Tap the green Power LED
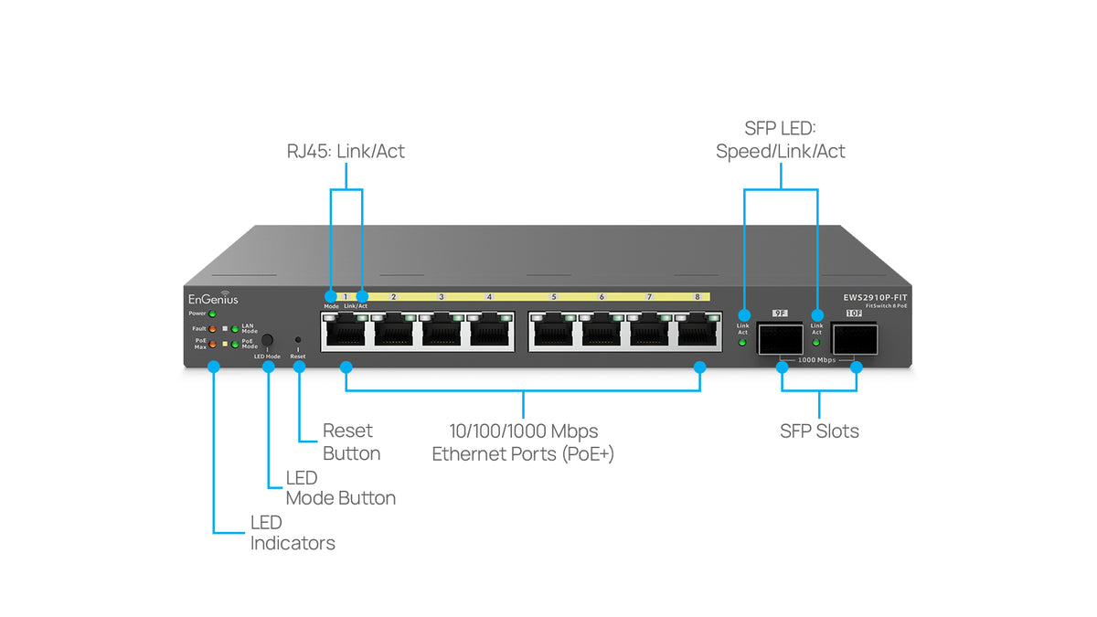tap(212, 314)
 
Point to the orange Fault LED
tap(212, 328)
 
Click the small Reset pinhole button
tap(298, 340)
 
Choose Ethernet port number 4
tap(490, 331)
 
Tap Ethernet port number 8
tap(698, 331)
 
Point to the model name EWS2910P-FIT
tap(875, 297)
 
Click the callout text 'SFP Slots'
tap(819, 431)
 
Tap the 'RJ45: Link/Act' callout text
tap(346, 152)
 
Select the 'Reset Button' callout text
tap(351, 441)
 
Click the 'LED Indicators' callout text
tap(293, 533)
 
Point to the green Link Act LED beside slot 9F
tap(742, 343)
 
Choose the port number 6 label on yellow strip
tap(602, 297)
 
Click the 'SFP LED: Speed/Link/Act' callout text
tap(781, 140)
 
